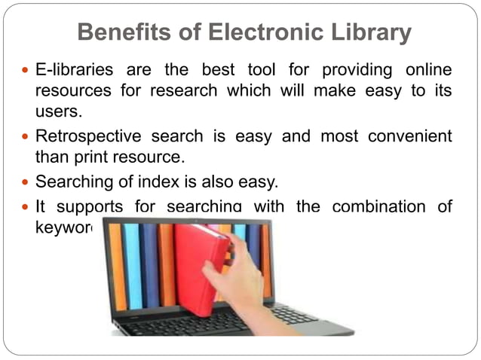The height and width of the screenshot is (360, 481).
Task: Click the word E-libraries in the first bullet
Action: point(75,71)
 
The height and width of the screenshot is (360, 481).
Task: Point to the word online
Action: point(426,71)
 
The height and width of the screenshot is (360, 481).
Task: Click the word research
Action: point(167,92)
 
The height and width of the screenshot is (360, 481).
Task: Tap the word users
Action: point(57,112)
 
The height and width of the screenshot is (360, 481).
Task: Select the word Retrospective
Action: point(88,137)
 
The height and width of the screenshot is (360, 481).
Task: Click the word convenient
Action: point(410,137)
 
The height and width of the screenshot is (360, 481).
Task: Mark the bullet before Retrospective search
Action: point(23,137)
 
